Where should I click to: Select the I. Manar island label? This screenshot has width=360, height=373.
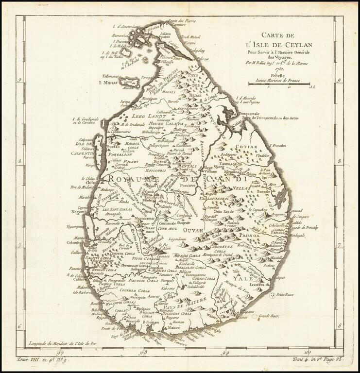click(x=109, y=83)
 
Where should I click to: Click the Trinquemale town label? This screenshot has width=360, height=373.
click(x=251, y=113)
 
